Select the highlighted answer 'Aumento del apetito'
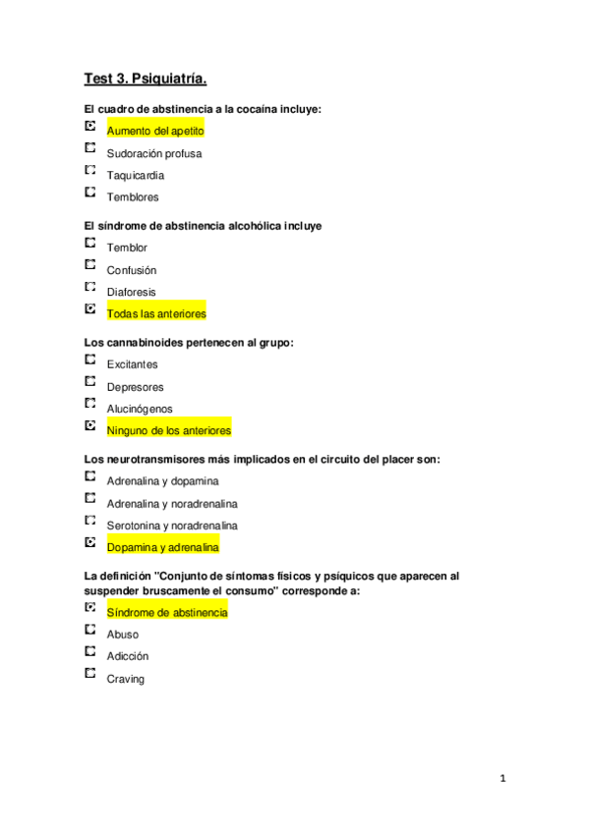155,131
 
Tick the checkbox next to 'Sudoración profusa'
90,148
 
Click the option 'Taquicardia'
136,176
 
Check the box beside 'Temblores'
90,192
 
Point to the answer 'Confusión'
132,270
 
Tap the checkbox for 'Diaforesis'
90,287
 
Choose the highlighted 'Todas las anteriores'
156,313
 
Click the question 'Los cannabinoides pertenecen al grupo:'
190,343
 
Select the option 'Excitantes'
132,364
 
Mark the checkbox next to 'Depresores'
90,381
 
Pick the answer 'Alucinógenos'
139,409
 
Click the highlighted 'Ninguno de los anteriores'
168,430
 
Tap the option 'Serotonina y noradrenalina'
172,526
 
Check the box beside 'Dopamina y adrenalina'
90,541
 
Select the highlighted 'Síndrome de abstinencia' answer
166,613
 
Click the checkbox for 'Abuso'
90,630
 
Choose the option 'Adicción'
128,656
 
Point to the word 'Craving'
125,679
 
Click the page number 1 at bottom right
502,780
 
